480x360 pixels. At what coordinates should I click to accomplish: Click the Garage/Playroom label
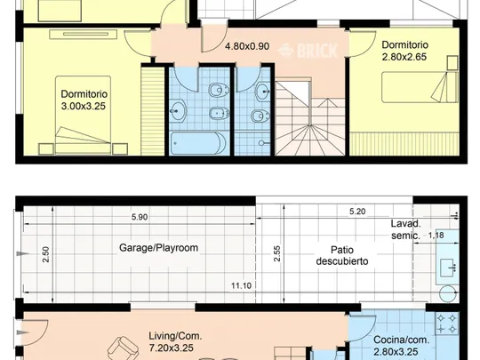(158, 248)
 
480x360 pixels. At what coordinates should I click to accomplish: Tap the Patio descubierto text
(342, 256)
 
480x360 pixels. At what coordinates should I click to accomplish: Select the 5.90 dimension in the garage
(140, 217)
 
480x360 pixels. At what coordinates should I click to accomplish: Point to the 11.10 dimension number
(241, 285)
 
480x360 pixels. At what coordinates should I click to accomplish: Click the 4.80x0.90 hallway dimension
(247, 46)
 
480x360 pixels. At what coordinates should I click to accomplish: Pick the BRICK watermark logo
(308, 51)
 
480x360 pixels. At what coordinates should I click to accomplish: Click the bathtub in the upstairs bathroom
(198, 143)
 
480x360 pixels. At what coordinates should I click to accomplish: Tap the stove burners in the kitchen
(446, 324)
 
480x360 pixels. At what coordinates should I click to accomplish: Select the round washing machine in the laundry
(447, 293)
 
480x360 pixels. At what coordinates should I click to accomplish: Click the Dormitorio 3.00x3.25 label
(84, 100)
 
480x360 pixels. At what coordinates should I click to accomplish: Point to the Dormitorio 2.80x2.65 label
(404, 51)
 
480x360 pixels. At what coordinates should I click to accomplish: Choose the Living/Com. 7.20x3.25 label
(175, 341)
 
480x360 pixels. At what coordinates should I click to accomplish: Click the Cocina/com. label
(401, 340)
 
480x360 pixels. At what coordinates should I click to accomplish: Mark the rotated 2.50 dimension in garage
(45, 254)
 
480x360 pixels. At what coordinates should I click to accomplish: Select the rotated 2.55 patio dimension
(277, 253)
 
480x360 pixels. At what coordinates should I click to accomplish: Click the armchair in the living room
(123, 348)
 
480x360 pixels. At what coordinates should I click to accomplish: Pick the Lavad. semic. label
(406, 229)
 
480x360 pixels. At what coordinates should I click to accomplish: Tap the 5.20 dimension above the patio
(357, 212)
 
